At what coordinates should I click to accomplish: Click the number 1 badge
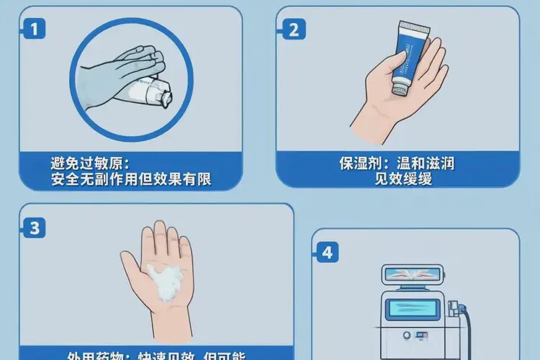click(x=33, y=30)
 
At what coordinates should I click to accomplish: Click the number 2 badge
click(x=292, y=30)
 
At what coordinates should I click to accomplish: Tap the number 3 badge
click(x=33, y=228)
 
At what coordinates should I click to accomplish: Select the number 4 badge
click(x=328, y=253)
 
